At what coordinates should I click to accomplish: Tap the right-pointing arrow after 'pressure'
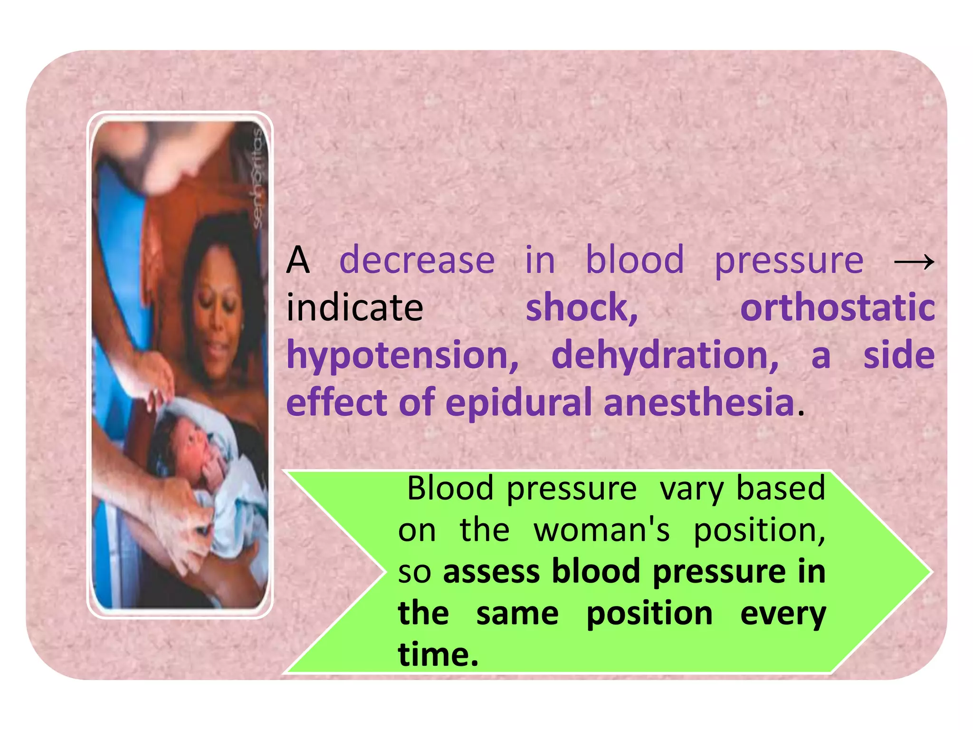click(914, 261)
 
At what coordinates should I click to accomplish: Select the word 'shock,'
click(582, 307)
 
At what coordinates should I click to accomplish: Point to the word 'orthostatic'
click(837, 307)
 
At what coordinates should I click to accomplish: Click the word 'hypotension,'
click(402, 355)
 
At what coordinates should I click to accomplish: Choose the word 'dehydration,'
click(665, 355)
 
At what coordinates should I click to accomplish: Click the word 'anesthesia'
click(699, 403)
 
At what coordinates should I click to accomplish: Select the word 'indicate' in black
click(354, 307)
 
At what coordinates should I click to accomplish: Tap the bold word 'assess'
click(491, 571)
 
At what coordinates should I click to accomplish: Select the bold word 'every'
click(783, 614)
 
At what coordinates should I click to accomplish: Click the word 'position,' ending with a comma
click(759, 531)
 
